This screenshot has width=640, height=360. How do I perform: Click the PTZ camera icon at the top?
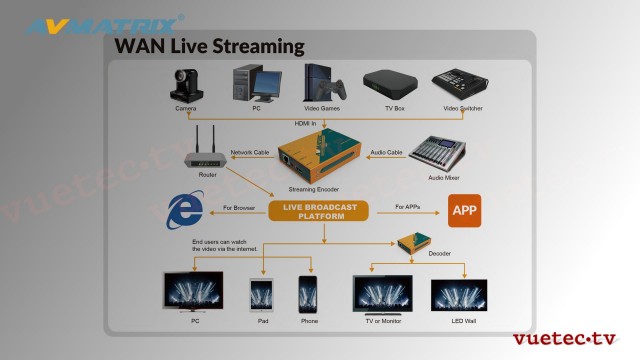point(185,84)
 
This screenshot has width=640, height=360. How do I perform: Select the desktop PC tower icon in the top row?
point(248,84)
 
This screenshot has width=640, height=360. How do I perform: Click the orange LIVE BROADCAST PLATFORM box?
point(319,210)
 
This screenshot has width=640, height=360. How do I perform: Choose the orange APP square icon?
point(464,210)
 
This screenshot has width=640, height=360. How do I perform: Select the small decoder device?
point(414,244)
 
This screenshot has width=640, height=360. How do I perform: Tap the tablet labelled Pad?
point(262,295)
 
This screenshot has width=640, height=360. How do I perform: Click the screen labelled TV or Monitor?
point(382,294)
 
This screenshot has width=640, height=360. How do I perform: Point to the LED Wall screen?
point(458,295)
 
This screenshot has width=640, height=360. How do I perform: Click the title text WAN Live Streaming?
point(209,46)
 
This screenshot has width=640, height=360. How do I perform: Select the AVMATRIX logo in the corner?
point(99,22)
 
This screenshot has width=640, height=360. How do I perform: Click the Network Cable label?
point(250,152)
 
